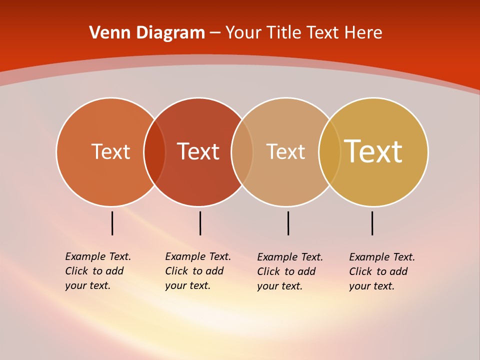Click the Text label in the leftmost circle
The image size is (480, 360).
click(x=110, y=151)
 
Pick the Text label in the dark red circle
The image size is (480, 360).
click(x=198, y=151)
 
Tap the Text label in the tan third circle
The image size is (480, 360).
click(x=285, y=152)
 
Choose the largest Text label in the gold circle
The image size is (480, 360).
click(x=373, y=151)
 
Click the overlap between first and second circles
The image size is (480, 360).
click(x=154, y=152)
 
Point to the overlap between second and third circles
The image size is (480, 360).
click(x=242, y=152)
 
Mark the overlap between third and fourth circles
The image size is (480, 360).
click(x=329, y=152)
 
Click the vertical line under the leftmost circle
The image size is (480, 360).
click(x=112, y=223)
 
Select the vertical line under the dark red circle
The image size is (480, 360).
click(x=200, y=223)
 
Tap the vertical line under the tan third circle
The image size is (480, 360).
click(x=288, y=223)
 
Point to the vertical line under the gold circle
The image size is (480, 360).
click(x=372, y=223)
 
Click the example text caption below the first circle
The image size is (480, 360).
click(x=97, y=271)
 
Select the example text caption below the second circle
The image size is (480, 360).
click(x=197, y=271)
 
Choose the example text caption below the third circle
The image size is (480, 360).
click(x=289, y=271)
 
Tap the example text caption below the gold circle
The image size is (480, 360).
click(x=381, y=271)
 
